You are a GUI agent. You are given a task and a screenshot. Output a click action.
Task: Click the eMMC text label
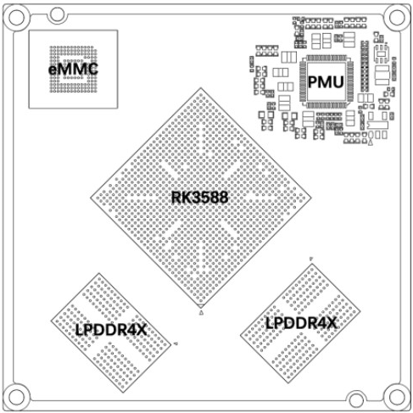point(73,70)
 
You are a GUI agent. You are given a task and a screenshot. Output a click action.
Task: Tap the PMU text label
point(326,82)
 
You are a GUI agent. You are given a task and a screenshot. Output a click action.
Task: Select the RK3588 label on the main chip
point(199,198)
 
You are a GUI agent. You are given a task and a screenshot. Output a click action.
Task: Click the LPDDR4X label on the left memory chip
point(111,330)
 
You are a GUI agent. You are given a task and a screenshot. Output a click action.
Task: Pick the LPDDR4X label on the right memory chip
point(301,323)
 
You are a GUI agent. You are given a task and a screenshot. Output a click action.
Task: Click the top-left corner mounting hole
point(16,18)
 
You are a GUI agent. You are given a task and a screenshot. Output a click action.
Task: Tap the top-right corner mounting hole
point(397,17)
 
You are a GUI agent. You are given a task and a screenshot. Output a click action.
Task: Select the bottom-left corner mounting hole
point(16,396)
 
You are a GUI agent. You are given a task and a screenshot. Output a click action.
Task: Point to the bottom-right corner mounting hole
point(397,397)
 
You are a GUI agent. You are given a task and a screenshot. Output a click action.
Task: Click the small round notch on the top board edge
point(58,14)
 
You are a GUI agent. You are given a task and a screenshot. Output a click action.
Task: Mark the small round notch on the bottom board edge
point(356,399)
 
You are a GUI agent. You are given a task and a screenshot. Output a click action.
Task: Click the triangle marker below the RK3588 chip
point(201,312)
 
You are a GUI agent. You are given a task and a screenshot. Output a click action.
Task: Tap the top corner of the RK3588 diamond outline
point(201,88)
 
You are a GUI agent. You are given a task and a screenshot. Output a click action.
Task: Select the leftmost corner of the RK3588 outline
point(91,198)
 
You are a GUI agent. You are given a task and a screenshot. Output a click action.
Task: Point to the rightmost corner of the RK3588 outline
point(311,198)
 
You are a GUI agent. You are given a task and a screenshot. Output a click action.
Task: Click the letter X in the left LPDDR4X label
point(142,330)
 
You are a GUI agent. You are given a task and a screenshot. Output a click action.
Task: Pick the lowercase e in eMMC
point(53,70)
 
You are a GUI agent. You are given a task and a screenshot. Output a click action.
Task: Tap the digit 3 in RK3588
point(193,198)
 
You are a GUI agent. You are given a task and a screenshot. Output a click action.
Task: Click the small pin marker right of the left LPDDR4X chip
point(176,343)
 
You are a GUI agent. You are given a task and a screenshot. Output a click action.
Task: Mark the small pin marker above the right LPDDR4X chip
point(311,259)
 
